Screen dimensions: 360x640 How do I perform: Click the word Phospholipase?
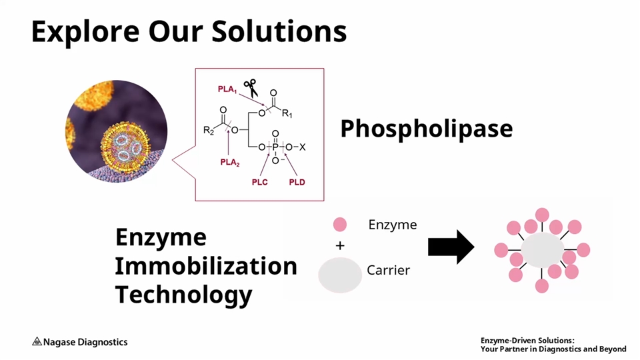point(426,129)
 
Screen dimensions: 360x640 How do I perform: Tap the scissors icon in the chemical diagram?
point(251,87)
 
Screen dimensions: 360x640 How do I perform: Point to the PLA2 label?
point(230,162)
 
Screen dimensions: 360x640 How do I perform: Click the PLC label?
point(260,182)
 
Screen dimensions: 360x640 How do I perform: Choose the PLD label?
point(297,182)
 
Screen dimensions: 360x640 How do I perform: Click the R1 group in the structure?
point(287,114)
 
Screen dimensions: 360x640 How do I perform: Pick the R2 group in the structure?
point(209,130)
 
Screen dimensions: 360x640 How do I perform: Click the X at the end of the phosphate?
point(302,147)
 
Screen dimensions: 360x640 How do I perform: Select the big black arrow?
point(451,247)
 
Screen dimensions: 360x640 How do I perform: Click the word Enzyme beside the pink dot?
point(392,225)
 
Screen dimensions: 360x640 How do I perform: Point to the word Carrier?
point(388,271)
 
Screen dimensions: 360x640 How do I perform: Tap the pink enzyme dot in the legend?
point(340,225)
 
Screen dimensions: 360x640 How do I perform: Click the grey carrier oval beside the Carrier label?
point(340,275)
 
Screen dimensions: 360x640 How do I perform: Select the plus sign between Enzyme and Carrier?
point(340,246)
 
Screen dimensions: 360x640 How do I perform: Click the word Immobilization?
point(205,266)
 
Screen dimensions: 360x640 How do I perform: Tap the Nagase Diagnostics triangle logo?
point(37,342)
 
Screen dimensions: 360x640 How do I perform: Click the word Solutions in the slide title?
point(281,31)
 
